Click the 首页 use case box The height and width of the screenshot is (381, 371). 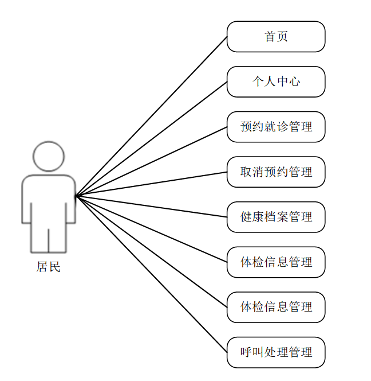tap(276, 37)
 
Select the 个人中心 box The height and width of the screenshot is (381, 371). tap(276, 81)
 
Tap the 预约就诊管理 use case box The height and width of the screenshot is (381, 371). tap(276, 127)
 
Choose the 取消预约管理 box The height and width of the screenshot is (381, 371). tap(276, 172)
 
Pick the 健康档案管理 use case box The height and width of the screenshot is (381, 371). tap(276, 217)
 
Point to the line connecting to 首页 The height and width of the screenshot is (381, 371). tap(151, 116)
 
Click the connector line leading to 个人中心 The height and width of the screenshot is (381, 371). tap(151, 139)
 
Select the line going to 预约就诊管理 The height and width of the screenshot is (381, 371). tap(151, 161)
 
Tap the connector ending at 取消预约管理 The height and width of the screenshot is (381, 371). tap(151, 184)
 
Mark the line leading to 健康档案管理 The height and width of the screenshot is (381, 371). tap(151, 207)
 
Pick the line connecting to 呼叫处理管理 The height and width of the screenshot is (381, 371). tap(151, 274)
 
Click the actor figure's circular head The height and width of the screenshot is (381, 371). tap(49, 157)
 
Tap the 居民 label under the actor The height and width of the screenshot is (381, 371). tap(49, 267)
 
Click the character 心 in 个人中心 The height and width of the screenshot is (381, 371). tap(294, 81)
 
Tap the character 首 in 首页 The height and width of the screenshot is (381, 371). tap(270, 37)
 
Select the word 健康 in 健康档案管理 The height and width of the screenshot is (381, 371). tap(252, 217)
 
